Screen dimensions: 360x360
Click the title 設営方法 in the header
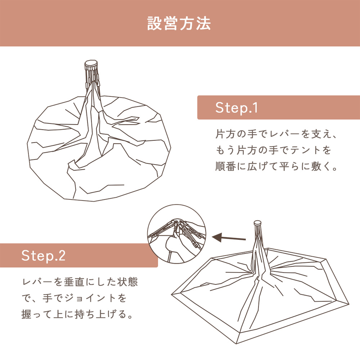point(179,23)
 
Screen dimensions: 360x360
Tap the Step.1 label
point(237,108)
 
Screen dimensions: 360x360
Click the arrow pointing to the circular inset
point(229,238)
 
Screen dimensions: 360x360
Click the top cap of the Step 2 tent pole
point(258,223)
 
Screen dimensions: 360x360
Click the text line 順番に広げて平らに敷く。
point(276,167)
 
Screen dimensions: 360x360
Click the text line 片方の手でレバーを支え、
point(276,135)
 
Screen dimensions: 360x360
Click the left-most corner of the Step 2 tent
point(172,294)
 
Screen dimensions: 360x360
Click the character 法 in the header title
point(204,23)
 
